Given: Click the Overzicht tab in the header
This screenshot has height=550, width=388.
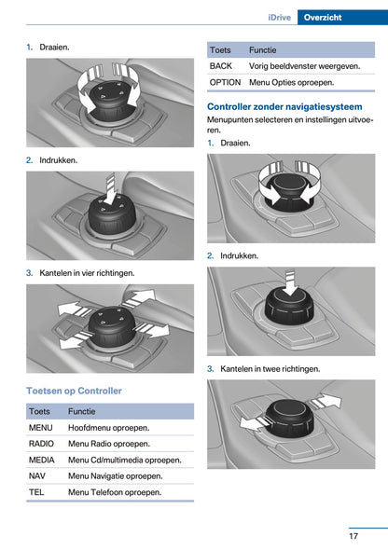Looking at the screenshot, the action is [323, 17].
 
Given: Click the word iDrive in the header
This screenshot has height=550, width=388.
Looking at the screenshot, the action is [279, 18].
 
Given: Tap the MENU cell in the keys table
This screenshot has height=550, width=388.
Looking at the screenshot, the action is [41, 428].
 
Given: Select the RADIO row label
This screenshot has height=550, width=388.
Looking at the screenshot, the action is [41, 444].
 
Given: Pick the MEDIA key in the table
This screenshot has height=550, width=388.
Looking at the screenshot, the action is [42, 460].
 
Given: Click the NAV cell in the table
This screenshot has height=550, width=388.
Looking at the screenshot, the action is [37, 476].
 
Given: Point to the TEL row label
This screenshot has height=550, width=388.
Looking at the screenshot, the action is [36, 492].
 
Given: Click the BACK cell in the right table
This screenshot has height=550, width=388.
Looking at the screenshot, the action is [221, 66].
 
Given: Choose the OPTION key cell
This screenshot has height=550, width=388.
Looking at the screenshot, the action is [225, 82].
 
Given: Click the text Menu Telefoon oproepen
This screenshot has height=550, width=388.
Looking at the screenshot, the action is [115, 492].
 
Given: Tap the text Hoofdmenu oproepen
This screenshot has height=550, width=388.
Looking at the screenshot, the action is [109, 428].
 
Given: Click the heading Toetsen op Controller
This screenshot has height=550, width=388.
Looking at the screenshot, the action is [74, 391].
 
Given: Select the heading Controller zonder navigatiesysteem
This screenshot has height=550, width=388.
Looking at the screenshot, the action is [284, 106].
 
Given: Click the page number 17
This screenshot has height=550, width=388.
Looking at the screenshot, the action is [353, 536].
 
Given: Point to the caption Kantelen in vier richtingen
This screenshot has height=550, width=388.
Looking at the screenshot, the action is [87, 273].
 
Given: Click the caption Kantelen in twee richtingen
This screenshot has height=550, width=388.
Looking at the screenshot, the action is [270, 368].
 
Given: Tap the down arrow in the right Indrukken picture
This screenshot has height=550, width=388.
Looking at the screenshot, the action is [290, 283].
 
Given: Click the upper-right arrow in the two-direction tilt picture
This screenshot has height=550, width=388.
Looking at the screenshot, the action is [325, 401].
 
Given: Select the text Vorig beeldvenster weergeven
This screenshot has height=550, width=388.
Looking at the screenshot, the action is [304, 66].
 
